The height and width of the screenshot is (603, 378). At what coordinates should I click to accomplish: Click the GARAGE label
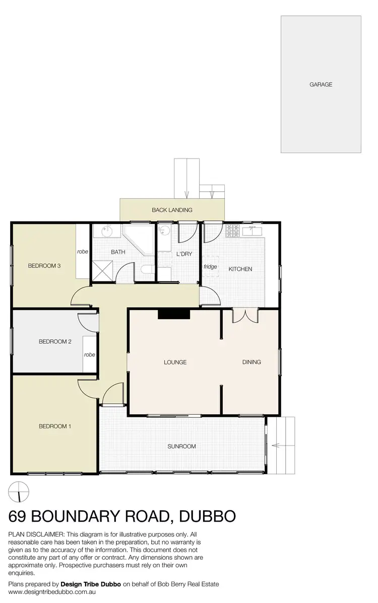click(321, 85)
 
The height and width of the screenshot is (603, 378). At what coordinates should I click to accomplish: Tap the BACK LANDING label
click(172, 210)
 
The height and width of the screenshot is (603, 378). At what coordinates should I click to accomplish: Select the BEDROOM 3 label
click(44, 266)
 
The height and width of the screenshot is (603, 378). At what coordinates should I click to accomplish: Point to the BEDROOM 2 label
click(55, 342)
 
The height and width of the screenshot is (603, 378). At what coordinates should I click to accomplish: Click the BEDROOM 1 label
click(55, 426)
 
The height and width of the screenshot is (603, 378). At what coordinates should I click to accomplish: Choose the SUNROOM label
click(181, 446)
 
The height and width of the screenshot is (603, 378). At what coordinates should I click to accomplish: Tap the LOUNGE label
click(175, 362)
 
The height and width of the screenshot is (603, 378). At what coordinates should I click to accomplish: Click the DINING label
click(251, 362)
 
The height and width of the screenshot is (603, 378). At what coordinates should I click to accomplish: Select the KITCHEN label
click(240, 269)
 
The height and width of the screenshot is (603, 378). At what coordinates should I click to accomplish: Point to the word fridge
click(210, 267)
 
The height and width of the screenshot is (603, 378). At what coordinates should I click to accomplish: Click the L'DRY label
click(184, 254)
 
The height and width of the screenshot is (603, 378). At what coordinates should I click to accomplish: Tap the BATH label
click(118, 252)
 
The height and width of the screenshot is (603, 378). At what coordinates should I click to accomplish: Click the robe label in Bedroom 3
click(83, 251)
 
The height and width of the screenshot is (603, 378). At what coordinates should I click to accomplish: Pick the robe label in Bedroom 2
click(89, 354)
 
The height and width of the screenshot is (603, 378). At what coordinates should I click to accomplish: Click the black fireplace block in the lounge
click(173, 314)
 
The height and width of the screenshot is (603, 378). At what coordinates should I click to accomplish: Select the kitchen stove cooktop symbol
click(233, 231)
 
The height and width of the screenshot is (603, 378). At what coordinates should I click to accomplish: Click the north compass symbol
click(19, 491)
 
